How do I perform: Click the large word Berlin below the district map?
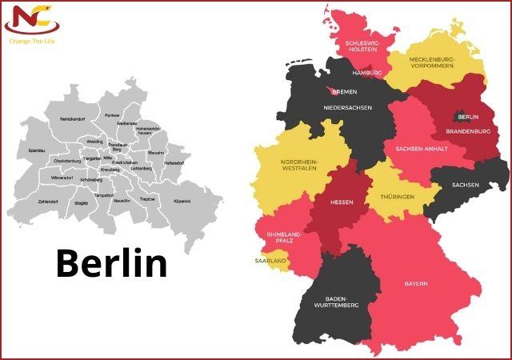[111, 263]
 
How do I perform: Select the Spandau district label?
[37, 150]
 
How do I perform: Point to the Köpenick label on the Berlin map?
[182, 201]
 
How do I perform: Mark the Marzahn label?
[156, 153]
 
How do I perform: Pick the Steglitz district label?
[82, 204]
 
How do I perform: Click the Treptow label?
[146, 198]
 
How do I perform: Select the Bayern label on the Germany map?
[415, 284]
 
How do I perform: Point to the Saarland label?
[272, 260]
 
